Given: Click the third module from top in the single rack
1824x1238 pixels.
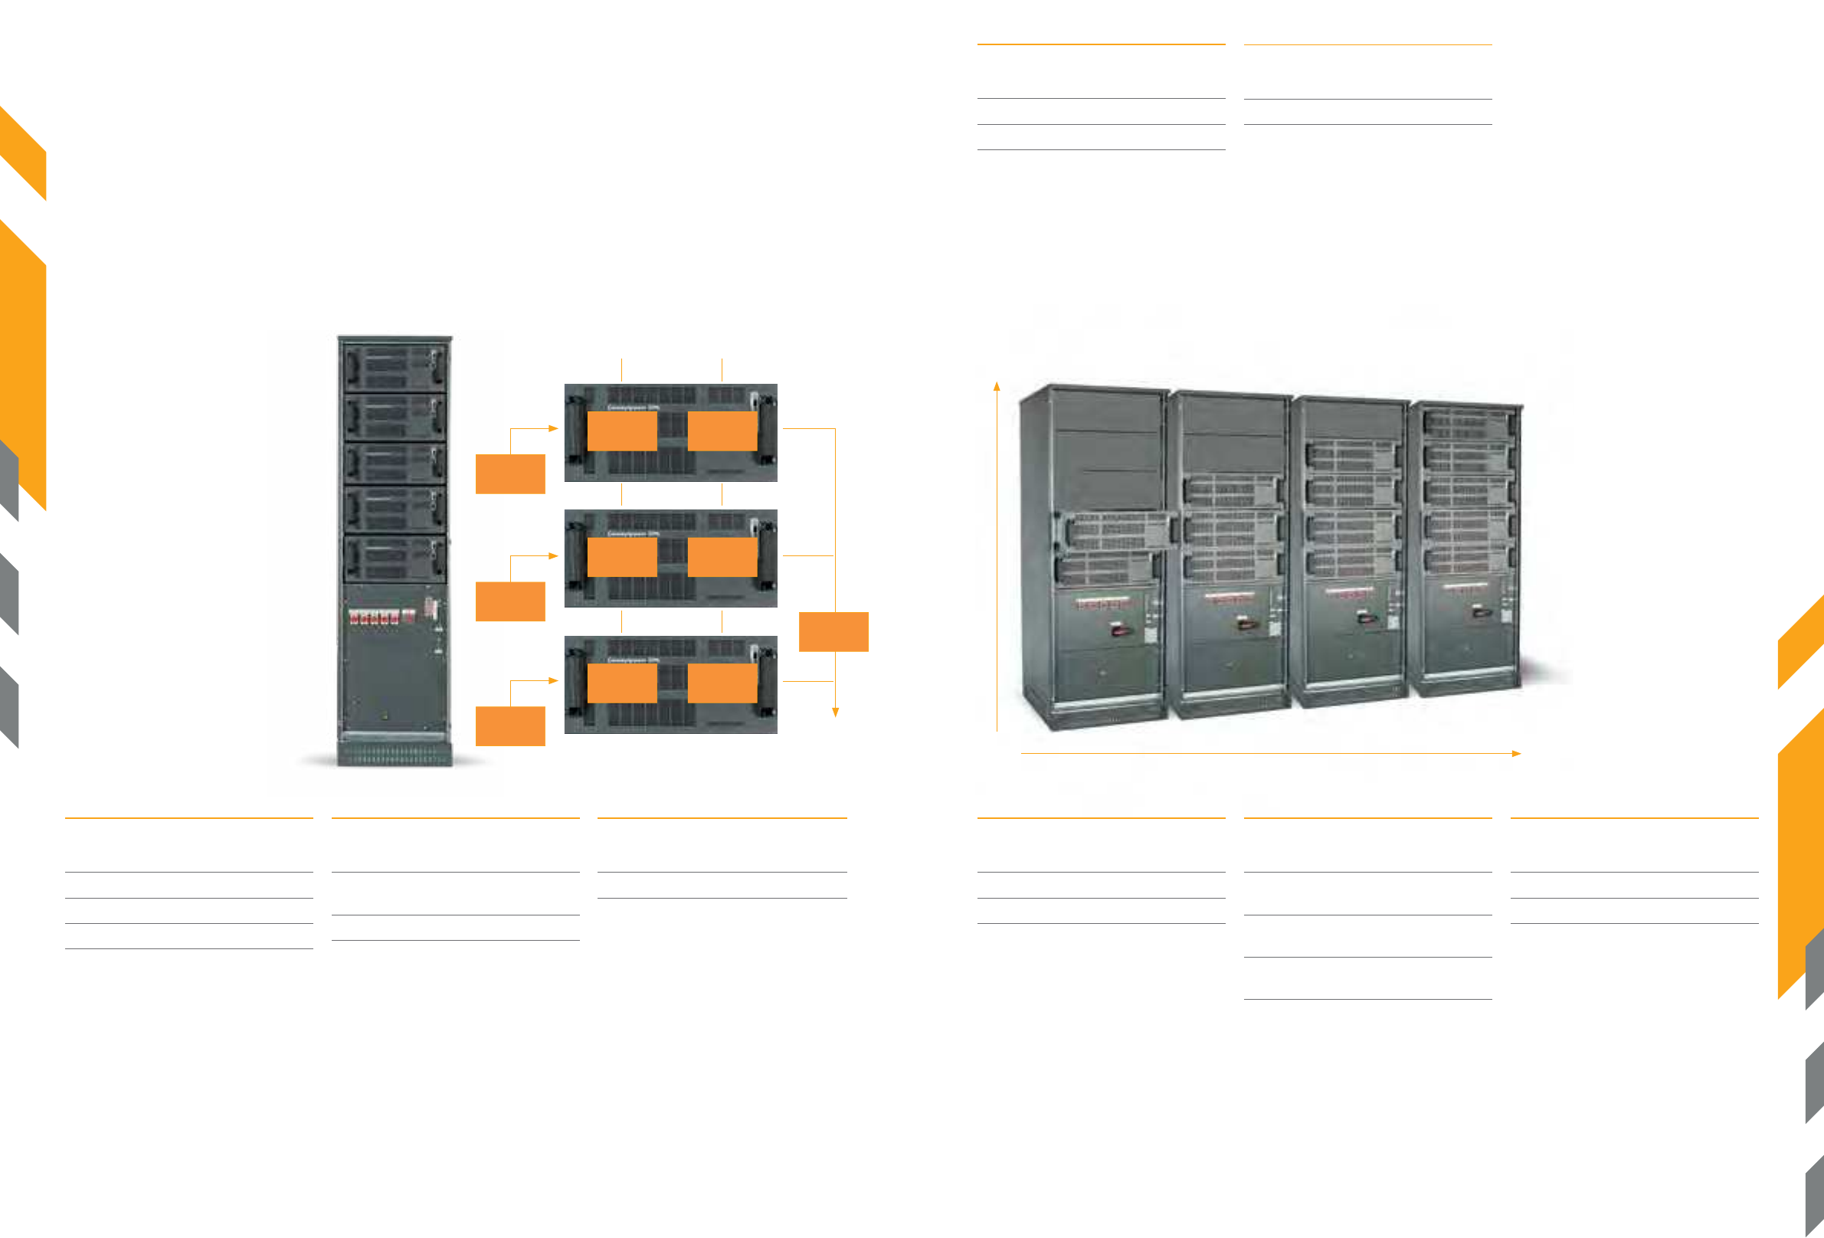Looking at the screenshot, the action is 395,463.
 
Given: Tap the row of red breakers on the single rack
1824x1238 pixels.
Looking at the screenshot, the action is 375,616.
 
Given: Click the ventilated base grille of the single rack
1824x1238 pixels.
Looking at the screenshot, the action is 395,755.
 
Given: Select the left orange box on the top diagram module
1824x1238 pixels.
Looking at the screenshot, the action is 621,431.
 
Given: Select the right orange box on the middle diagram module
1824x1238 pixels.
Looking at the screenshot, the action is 722,557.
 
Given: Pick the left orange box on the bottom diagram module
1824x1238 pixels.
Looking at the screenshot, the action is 621,683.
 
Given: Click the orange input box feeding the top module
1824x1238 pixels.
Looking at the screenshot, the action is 510,473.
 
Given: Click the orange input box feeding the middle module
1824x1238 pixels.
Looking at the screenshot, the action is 510,601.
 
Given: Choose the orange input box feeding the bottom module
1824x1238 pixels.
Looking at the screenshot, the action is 510,725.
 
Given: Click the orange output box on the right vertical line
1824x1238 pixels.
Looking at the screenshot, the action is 833,631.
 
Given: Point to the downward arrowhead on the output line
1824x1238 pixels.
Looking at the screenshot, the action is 835,712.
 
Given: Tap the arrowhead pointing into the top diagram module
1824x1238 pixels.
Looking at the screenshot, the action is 553,429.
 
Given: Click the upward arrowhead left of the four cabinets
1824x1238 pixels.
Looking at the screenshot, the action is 997,386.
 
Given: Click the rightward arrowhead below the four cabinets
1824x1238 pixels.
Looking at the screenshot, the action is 1516,754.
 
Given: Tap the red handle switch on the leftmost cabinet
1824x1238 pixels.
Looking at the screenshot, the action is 1118,629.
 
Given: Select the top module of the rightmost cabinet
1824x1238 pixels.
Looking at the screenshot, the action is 1466,425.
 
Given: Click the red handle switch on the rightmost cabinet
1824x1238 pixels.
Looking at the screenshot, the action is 1477,611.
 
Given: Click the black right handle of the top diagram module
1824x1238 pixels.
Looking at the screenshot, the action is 765,427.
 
